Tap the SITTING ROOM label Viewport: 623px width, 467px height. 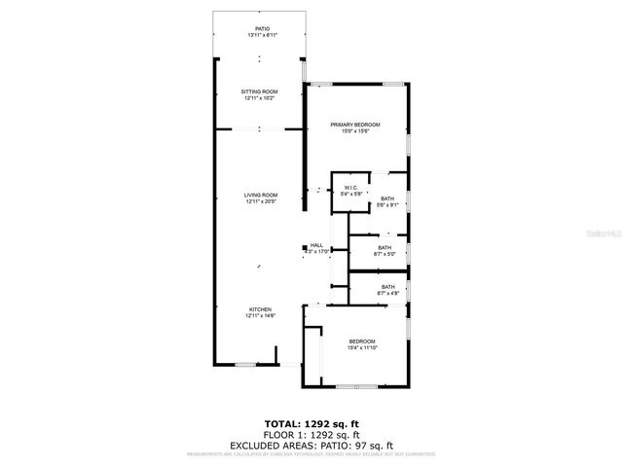point(259,91)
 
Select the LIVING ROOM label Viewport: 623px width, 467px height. point(260,196)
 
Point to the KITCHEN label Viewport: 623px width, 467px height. point(260,308)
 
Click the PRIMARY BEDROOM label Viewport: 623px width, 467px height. point(354,125)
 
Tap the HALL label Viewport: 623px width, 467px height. point(317,245)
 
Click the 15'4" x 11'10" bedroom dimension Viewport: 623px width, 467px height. point(362,347)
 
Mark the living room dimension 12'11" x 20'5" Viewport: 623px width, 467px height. point(260,202)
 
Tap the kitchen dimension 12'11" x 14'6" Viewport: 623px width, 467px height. point(260,315)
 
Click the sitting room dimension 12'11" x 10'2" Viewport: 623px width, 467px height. point(259,98)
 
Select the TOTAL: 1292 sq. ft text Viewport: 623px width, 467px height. point(311,424)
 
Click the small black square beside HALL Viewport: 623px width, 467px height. point(305,246)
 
